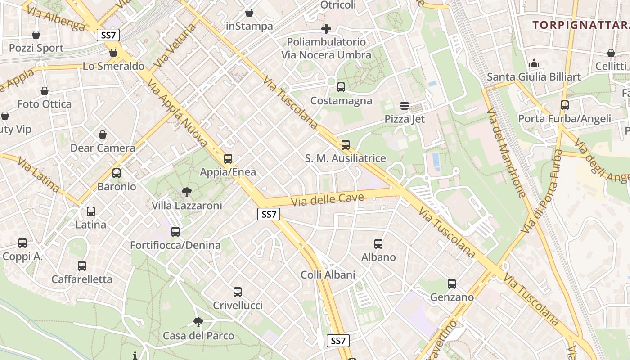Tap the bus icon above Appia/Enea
click(228, 159)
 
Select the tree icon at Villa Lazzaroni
click(186, 193)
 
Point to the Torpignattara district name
click(580, 25)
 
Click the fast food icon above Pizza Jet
click(404, 106)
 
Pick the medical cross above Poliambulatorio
click(326, 29)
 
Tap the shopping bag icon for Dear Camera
click(103, 135)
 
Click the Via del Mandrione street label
click(506, 153)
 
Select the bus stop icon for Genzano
click(452, 284)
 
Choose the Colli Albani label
click(328, 275)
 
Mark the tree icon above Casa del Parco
click(198, 322)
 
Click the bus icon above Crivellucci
click(238, 292)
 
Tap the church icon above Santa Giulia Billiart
click(534, 63)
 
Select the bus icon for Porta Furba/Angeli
click(564, 105)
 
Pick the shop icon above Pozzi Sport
click(36, 35)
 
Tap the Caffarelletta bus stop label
click(82, 279)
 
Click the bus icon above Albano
click(378, 244)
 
